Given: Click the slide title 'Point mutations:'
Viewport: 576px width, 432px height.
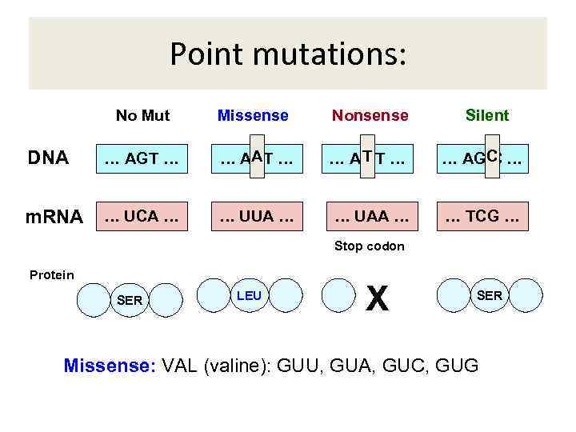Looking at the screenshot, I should pos(288,54).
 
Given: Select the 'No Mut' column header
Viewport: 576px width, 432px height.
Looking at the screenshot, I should pos(142,115).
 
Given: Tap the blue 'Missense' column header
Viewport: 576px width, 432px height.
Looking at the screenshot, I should pos(253,115).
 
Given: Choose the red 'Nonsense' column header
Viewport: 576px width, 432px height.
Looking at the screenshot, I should pos(370,115).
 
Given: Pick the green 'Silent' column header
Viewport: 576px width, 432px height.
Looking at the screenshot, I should pos(487,115).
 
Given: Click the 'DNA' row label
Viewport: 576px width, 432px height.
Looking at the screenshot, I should pos(48,158).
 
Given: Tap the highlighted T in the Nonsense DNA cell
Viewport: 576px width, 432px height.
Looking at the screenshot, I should pos(367,156).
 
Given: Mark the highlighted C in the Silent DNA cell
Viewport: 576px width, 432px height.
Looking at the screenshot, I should pos(492,156).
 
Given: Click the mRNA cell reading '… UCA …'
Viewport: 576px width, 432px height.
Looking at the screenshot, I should pos(141,216).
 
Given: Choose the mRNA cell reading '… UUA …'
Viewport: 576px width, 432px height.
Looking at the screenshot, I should pos(254,216).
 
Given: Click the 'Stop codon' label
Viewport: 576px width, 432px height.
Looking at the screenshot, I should pos(369,246).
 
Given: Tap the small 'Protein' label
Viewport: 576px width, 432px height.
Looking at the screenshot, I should pos(51,275).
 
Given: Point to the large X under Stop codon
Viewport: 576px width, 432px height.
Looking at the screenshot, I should pos(377,299).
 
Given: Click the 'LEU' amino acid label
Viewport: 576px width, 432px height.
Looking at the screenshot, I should pos(249,296).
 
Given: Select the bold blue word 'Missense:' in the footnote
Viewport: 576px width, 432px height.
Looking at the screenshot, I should pos(110,366).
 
